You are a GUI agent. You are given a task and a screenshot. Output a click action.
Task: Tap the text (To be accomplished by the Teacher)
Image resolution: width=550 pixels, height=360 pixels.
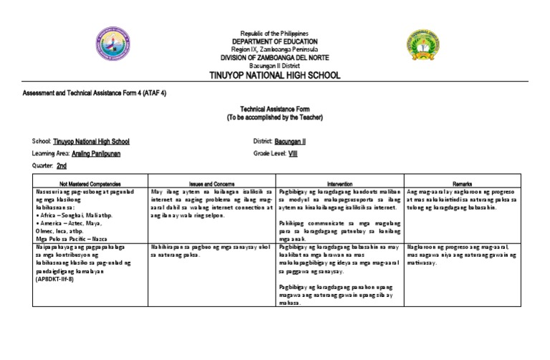(274, 116)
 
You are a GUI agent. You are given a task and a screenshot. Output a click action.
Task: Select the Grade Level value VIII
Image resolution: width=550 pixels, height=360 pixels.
(292, 154)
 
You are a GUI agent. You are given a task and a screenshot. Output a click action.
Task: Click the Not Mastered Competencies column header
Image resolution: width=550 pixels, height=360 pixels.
(79, 184)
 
